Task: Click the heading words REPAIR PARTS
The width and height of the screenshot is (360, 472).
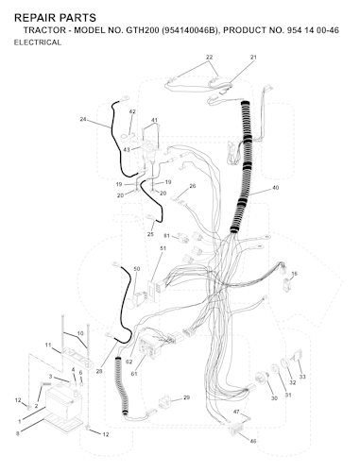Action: click(x=55, y=18)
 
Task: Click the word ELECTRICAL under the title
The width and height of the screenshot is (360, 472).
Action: click(x=38, y=42)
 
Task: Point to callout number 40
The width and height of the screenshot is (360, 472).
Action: click(x=275, y=188)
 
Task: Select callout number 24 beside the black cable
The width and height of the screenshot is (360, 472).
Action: click(x=83, y=119)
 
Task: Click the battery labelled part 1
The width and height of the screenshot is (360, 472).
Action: click(x=63, y=404)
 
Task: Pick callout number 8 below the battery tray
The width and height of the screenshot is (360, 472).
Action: click(x=17, y=433)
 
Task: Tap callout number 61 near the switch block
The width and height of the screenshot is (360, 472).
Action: click(x=134, y=374)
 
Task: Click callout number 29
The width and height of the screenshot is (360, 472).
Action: click(x=186, y=397)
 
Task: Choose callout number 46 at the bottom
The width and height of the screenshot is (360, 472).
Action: click(x=253, y=441)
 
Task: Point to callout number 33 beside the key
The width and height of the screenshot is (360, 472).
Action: click(x=302, y=377)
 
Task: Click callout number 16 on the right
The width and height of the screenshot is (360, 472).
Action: click(x=294, y=274)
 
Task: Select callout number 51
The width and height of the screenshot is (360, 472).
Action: click(x=163, y=248)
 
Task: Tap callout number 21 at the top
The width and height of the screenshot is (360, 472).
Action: click(x=253, y=58)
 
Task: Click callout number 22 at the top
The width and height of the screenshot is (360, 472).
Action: click(x=210, y=58)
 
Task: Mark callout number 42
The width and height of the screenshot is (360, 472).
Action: click(x=132, y=111)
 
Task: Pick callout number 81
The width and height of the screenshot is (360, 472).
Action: click(x=166, y=236)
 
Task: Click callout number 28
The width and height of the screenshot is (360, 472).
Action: click(x=99, y=372)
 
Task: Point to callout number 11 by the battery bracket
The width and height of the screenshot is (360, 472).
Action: click(x=48, y=346)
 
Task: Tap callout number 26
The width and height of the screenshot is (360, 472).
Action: click(x=193, y=186)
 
